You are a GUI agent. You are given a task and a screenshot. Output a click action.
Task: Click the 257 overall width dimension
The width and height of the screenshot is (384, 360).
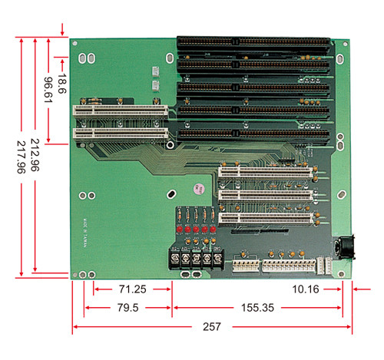point(213,327)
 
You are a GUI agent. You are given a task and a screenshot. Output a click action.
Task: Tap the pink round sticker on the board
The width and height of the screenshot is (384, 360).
point(197,187)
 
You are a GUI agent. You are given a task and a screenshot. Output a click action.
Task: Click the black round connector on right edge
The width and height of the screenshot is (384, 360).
point(345,247)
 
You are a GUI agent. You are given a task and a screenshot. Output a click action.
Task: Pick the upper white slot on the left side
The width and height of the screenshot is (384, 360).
point(121,109)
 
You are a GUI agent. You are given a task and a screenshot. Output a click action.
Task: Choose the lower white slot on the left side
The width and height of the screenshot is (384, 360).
point(121,131)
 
